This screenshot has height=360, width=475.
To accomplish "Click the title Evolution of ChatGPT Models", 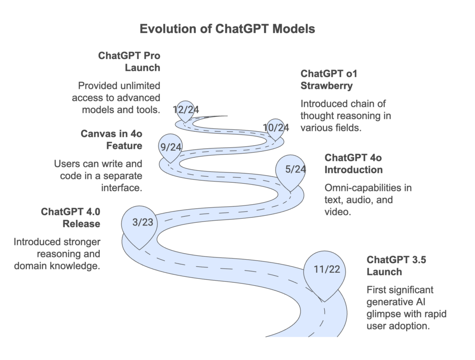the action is pos(227,29).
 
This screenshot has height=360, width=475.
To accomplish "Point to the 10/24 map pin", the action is pos(275,129).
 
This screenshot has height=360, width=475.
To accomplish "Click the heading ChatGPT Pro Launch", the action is pos(129,62).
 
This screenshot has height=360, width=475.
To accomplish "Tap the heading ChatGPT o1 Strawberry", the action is pos(329,80).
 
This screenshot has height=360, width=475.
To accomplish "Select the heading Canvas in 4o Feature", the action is pos(112,140).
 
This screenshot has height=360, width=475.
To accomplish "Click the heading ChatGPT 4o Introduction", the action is pos(353,164).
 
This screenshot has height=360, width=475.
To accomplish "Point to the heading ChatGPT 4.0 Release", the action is pos(71,218).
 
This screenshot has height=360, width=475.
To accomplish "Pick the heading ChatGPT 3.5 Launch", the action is pos(397,266).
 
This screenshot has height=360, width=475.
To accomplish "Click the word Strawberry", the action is pos(327,86).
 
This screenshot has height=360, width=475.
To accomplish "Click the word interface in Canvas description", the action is pos(122,188).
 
